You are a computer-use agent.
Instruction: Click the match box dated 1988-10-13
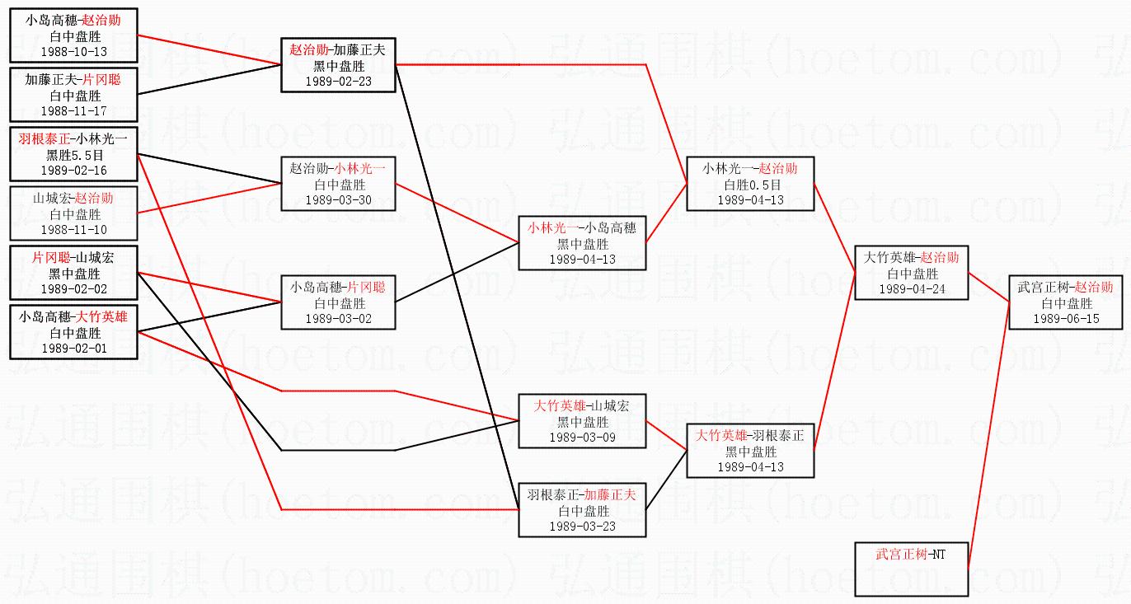[73, 35]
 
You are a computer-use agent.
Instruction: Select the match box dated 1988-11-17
[73, 95]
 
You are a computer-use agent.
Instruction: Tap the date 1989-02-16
[74, 171]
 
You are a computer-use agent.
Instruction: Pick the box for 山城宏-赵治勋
[73, 213]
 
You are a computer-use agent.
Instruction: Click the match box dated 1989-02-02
[73, 273]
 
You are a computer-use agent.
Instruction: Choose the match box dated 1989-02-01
[73, 332]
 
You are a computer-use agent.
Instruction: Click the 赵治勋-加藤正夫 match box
[338, 65]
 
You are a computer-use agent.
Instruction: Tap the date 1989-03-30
[338, 200]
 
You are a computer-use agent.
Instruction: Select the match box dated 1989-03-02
[338, 302]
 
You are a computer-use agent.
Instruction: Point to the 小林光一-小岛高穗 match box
[582, 243]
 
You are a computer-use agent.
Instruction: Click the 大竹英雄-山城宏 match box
[582, 421]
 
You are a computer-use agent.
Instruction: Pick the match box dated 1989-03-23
[582, 510]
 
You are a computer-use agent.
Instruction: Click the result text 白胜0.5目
[750, 185]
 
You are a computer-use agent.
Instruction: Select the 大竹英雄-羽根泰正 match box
[750, 451]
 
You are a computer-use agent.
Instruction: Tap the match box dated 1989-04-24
[912, 273]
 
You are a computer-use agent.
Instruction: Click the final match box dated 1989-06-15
[1066, 302]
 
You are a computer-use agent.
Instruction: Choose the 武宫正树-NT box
[912, 569]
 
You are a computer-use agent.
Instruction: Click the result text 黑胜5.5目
[74, 155]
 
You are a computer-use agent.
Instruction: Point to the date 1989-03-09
[582, 437]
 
